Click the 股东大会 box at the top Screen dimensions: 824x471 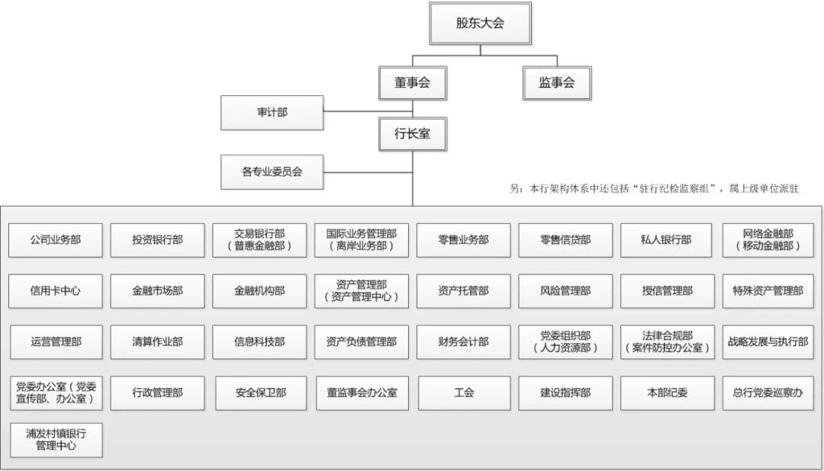(481, 23)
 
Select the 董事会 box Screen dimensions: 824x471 (413, 82)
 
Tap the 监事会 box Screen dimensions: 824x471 (557, 82)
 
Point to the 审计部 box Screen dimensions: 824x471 (272, 112)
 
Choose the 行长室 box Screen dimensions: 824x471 (413, 134)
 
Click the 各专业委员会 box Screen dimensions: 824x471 (272, 171)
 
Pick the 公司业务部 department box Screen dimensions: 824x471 (56, 240)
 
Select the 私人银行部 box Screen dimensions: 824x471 (666, 240)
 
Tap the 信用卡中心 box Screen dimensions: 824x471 (56, 291)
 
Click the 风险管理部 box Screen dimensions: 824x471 (565, 291)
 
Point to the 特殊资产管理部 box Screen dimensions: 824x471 (768, 291)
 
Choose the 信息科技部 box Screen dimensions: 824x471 (259, 342)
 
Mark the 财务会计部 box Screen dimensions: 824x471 (464, 342)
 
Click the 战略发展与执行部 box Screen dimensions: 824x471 (768, 342)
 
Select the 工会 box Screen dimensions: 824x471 (465, 392)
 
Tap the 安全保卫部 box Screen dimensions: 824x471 (261, 392)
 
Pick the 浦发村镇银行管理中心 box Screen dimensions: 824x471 (56, 440)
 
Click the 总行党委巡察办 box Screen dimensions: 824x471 (768, 392)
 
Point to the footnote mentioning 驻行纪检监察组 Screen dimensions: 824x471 (655, 189)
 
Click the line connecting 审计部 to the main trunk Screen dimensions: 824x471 (368, 111)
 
